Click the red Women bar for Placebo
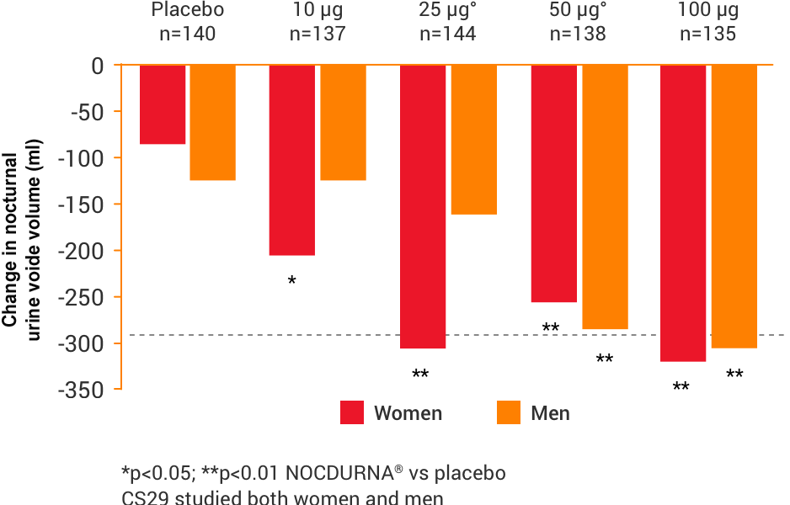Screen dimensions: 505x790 click(x=163, y=104)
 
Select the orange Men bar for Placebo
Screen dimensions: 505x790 click(x=212, y=123)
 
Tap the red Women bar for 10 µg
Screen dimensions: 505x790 click(x=291, y=160)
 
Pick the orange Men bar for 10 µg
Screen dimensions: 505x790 click(x=343, y=123)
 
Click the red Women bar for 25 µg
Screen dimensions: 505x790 click(x=423, y=206)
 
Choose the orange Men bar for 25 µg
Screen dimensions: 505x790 click(x=474, y=140)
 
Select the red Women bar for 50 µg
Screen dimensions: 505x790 click(x=553, y=183)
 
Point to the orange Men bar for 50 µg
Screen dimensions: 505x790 click(x=605, y=197)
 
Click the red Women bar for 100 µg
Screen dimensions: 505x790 click(x=683, y=213)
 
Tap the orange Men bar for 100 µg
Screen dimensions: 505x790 click(x=734, y=206)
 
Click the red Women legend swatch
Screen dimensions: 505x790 click(x=352, y=413)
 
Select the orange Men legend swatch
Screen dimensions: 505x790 click(x=509, y=413)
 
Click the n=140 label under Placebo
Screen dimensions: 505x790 click(x=188, y=34)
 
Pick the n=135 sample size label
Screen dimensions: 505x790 click(x=707, y=34)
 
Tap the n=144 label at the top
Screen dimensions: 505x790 click(x=447, y=34)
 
